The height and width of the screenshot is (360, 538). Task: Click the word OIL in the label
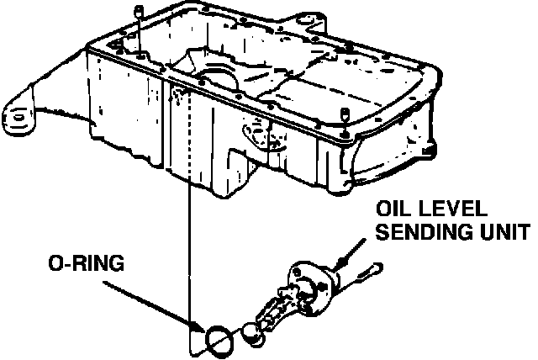(x=392, y=208)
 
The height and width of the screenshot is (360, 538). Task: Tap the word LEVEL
(x=456, y=208)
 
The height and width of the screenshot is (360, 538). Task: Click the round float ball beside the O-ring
(x=251, y=333)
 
